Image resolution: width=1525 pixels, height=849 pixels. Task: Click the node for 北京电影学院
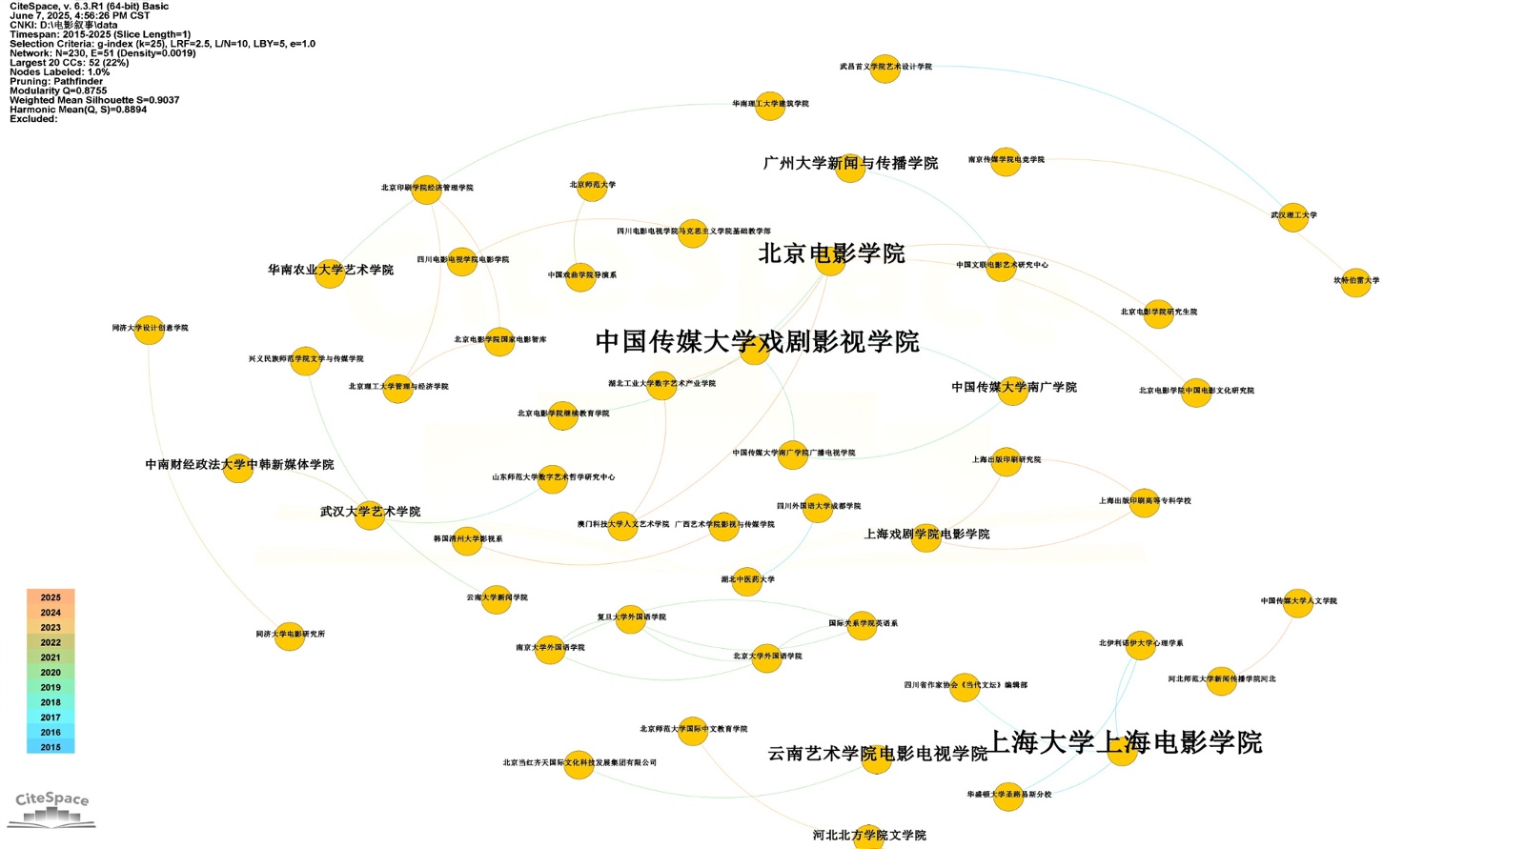pos(830,261)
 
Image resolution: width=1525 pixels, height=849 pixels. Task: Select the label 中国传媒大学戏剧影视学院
pos(757,341)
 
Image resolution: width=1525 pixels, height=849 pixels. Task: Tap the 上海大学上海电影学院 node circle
pos(1122,750)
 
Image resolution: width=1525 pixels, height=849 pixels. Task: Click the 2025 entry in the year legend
pos(51,597)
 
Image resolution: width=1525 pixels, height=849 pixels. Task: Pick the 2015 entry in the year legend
pos(51,747)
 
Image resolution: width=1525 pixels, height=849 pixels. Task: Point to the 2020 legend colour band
pos(51,673)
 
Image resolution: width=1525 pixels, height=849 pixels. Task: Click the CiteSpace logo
pos(52,808)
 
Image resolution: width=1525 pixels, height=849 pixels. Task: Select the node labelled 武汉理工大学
pos(1292,217)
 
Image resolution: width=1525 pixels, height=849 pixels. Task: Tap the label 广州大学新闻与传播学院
pos(850,163)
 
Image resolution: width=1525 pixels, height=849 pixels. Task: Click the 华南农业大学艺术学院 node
pos(330,273)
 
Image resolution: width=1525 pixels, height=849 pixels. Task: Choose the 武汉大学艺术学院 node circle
pos(370,515)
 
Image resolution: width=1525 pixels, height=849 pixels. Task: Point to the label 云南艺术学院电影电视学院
pos(877,754)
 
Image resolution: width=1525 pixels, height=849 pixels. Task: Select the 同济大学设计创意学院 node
pos(149,330)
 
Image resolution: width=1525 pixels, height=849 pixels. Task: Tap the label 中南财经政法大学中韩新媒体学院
pos(239,464)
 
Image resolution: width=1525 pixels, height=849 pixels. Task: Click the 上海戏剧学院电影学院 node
pos(925,537)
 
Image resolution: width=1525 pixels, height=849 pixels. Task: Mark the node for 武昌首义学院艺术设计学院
pos(884,69)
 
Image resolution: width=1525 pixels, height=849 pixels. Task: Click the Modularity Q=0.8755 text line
pos(58,91)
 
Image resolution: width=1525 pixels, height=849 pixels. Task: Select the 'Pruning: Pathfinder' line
pos(56,81)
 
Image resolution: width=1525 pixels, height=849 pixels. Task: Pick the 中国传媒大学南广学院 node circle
pos(1012,391)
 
